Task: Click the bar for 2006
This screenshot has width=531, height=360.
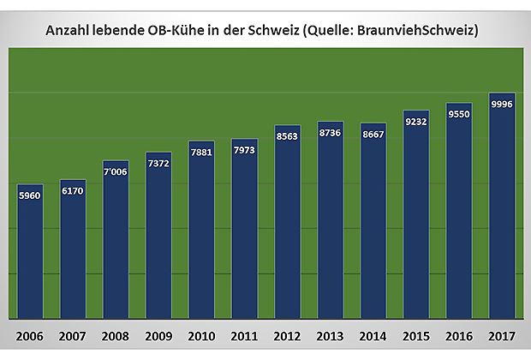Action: (30, 253)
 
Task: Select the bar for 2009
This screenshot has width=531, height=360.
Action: (158, 236)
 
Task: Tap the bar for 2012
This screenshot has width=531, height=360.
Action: (287, 223)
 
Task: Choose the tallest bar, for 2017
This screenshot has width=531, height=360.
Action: (502, 206)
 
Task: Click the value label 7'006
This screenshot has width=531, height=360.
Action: (116, 172)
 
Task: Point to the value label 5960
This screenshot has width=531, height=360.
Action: (30, 195)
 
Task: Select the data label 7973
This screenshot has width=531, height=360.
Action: (244, 151)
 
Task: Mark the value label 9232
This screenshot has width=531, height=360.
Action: (416, 122)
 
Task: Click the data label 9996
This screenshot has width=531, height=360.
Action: (502, 105)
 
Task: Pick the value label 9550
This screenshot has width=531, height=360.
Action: (459, 115)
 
